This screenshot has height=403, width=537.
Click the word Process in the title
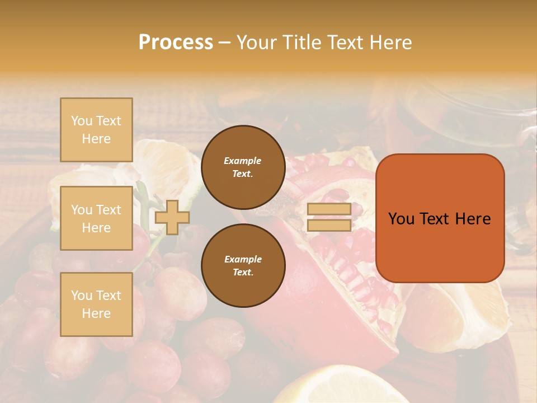coord(176,42)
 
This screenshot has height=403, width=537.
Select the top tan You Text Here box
coord(96,130)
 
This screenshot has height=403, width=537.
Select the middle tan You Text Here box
coord(96,218)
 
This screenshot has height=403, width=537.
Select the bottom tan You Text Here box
coord(96,304)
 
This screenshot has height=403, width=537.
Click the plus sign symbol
coord(172,217)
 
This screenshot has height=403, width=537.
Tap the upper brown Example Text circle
coord(243,167)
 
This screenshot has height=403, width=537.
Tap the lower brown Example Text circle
coord(243,265)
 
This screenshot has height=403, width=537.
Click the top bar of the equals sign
coord(329,209)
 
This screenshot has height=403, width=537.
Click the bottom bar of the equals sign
coord(329,225)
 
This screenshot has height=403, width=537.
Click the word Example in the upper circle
coord(243,161)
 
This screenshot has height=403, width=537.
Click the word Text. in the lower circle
coord(243,272)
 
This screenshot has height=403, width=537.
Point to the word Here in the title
coord(390,42)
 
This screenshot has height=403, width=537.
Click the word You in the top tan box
coord(81,121)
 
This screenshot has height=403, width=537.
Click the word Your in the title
coord(258,42)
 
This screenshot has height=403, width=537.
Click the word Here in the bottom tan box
coord(96,313)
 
